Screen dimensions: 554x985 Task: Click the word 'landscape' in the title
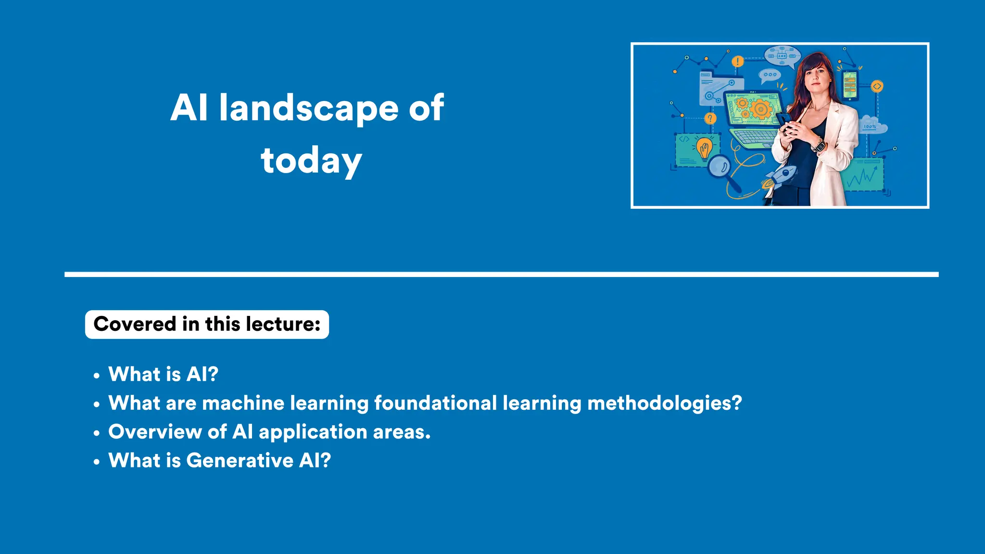[308, 108]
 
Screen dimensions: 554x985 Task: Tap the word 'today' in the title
[311, 161]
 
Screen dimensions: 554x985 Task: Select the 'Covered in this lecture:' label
[207, 325]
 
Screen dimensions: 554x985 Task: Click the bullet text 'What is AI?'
[163, 374]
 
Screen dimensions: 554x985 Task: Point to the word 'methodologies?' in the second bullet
[664, 403]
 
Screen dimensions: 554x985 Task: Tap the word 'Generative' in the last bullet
[240, 461]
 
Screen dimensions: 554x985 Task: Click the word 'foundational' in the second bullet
[435, 403]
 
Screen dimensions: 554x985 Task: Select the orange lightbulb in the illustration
[704, 148]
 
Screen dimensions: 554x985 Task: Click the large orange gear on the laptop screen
[760, 109]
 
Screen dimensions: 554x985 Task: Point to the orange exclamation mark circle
[737, 62]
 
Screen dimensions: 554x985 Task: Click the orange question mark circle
[710, 118]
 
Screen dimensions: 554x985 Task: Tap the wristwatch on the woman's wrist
[818, 144]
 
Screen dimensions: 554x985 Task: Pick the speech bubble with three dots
[770, 75]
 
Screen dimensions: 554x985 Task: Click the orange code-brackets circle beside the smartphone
[877, 87]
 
